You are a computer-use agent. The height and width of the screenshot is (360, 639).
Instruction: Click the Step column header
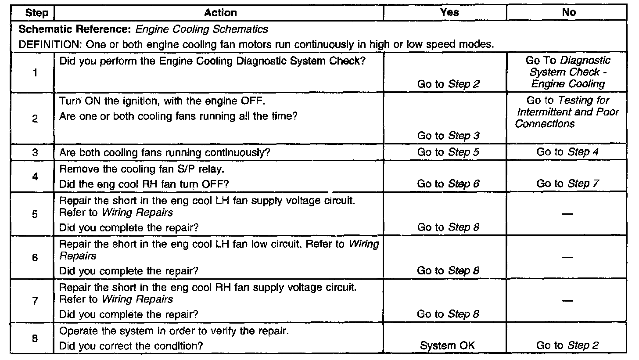coord(37,13)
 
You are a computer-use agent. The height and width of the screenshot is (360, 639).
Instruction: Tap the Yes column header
coord(449,13)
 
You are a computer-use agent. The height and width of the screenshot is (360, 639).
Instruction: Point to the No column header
coord(569,13)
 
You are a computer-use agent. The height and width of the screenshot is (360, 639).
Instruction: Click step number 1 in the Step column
coord(35,72)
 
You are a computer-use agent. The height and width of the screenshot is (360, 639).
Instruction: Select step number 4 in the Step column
coord(35,176)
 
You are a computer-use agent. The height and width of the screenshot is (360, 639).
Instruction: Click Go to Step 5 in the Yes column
coord(448,153)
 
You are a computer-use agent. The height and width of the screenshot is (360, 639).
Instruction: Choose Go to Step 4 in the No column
coord(568,153)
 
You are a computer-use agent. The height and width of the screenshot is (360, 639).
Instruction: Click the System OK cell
coord(448,346)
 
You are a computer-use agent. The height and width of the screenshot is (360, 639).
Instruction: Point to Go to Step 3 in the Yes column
coord(448,136)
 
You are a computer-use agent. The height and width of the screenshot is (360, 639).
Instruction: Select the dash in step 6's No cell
coord(568,258)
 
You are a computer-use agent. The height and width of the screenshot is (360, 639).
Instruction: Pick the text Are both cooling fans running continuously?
coord(165,153)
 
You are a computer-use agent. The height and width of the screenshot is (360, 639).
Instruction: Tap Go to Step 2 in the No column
coord(568,346)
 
